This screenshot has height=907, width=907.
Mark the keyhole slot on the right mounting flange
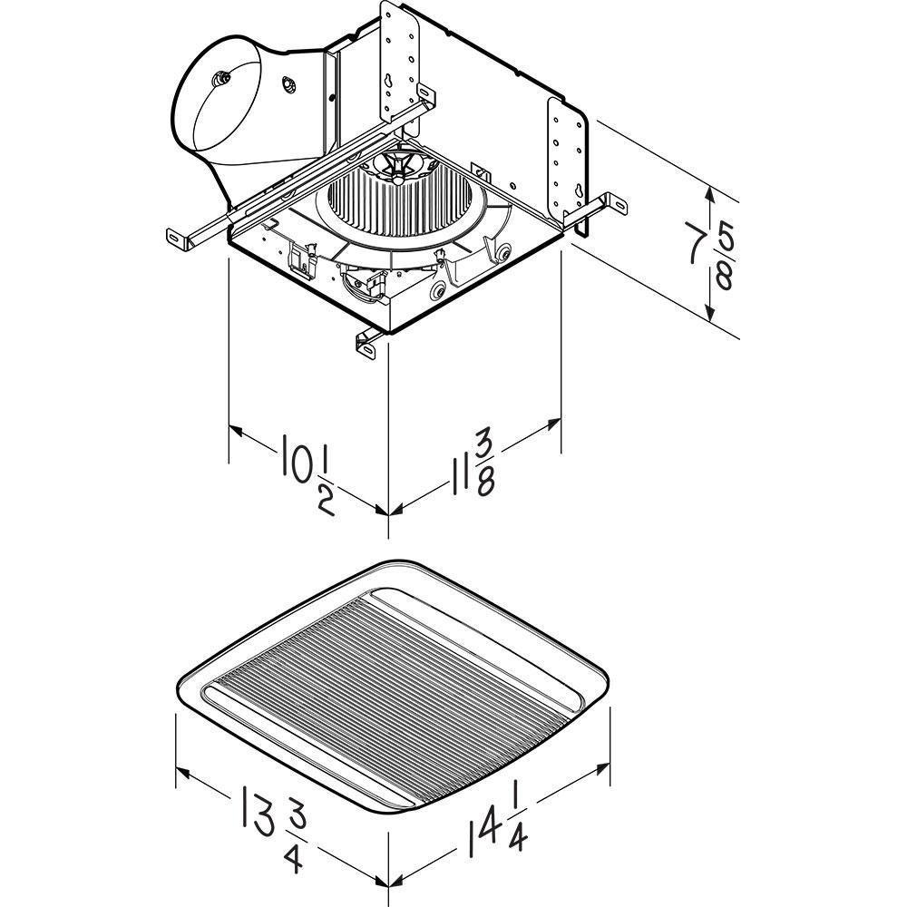click(579, 191)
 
